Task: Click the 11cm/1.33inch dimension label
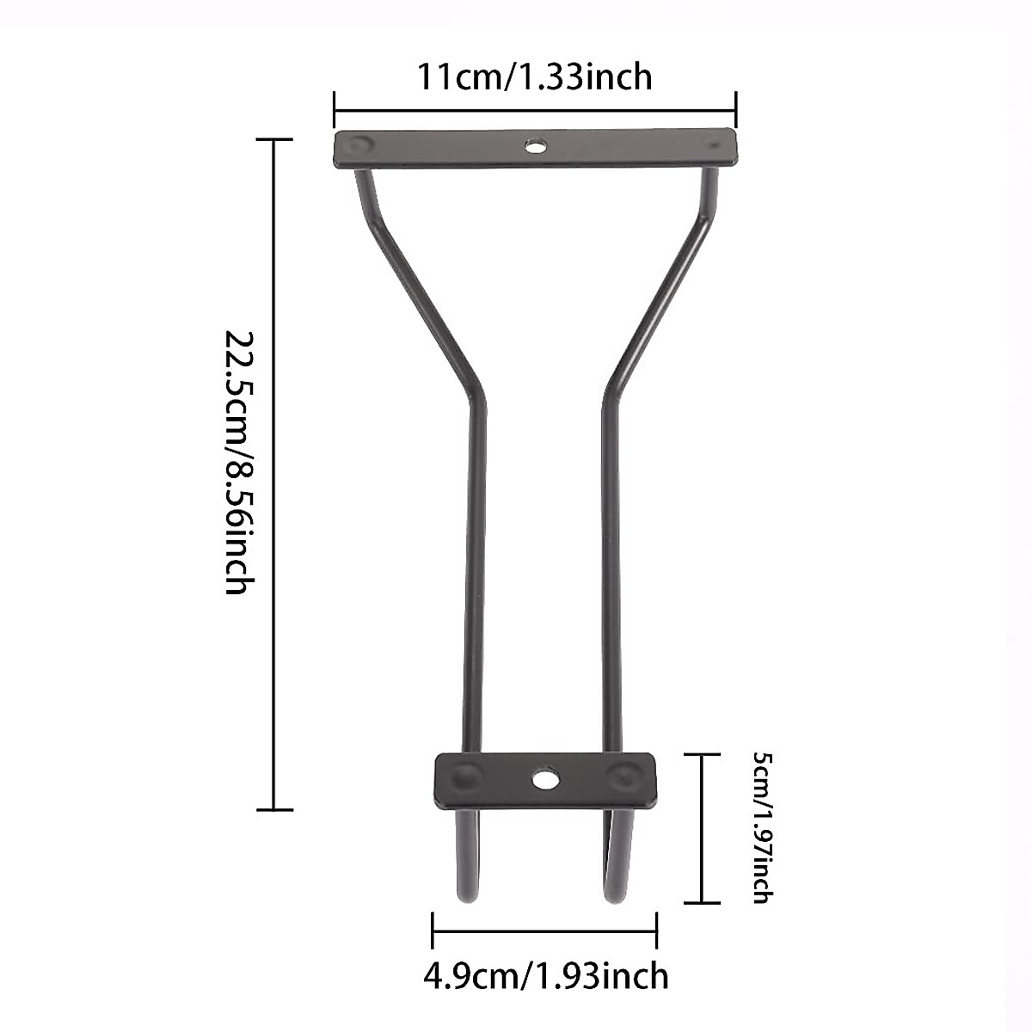click(x=534, y=77)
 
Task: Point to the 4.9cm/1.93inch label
click(x=545, y=975)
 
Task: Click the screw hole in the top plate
click(x=536, y=146)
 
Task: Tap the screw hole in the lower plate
click(x=544, y=780)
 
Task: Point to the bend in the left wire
click(x=476, y=396)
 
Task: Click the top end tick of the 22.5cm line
click(x=274, y=139)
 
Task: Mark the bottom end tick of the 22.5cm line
click(x=274, y=809)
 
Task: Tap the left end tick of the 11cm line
click(x=335, y=109)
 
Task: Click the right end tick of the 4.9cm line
click(x=657, y=931)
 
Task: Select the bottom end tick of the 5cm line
click(x=703, y=902)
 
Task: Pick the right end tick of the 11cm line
click(x=736, y=109)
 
